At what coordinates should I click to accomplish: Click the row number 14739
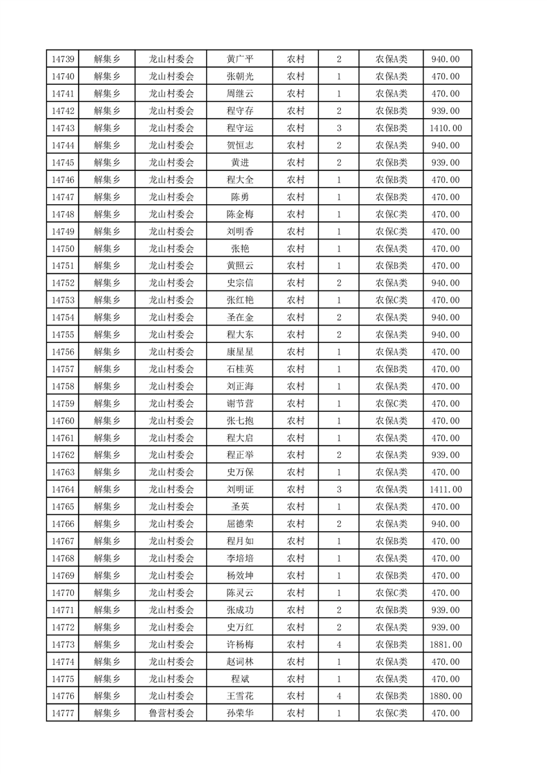(63, 59)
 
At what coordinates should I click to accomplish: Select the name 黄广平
(240, 59)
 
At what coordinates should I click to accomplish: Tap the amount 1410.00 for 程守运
(445, 128)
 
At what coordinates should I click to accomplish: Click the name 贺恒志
(240, 146)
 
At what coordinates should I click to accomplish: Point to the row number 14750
(63, 248)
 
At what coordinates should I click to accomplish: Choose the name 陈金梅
(240, 214)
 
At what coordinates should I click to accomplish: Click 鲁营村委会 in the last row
(172, 713)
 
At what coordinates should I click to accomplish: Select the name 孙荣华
(240, 713)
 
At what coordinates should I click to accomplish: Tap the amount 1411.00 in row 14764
(445, 490)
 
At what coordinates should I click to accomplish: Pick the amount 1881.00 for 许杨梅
(445, 644)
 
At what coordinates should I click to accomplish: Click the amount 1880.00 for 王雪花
(445, 696)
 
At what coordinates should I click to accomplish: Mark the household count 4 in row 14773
(339, 644)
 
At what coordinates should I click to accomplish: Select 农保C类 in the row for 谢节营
(391, 404)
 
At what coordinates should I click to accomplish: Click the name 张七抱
(240, 421)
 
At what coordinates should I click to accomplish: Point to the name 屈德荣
(240, 524)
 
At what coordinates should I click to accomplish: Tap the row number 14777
(63, 713)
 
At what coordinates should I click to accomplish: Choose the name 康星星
(240, 352)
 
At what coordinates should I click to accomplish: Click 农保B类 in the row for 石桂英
(391, 369)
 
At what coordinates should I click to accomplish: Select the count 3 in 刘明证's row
(339, 490)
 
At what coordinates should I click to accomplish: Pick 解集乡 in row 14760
(107, 421)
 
